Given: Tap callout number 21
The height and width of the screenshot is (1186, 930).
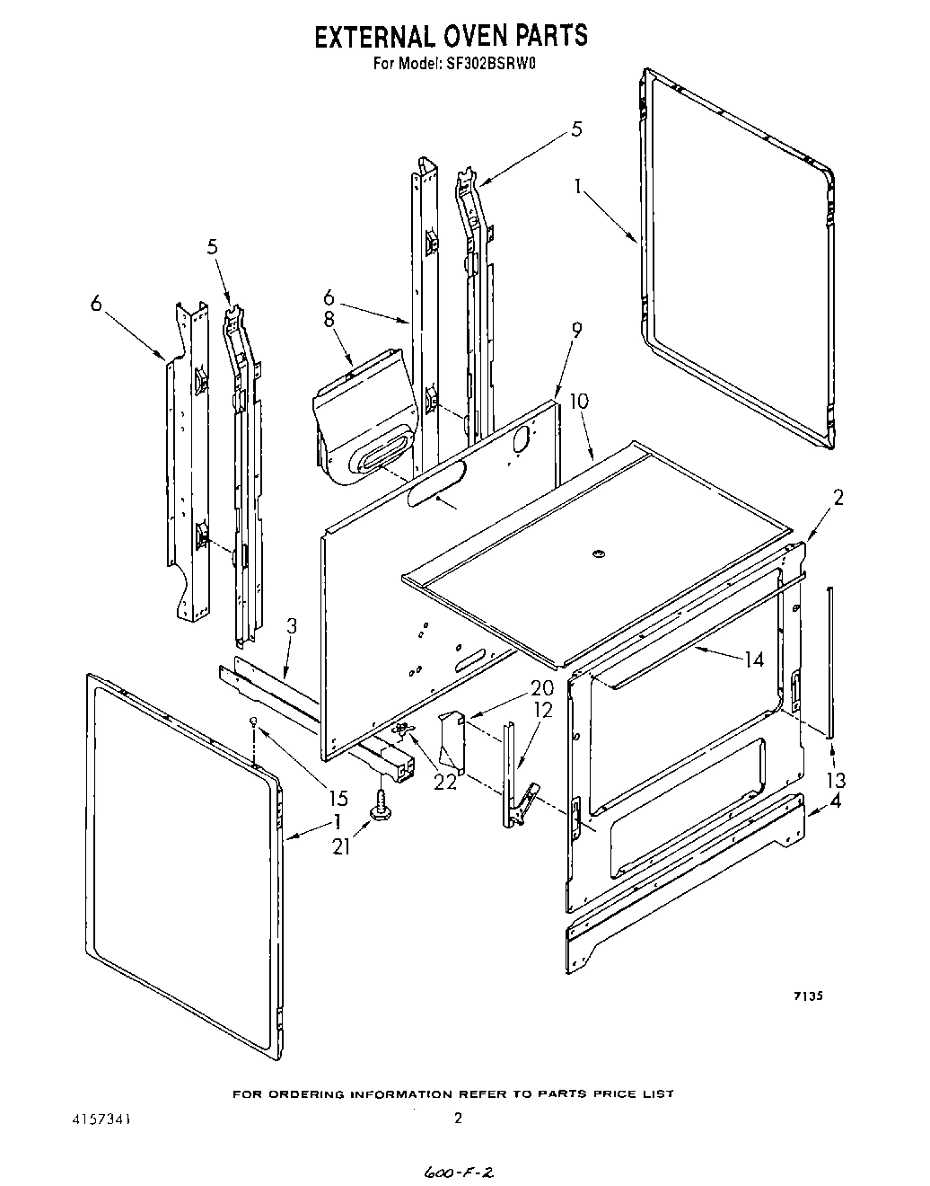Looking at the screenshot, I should (341, 845).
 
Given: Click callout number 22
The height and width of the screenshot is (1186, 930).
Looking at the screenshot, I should (445, 782).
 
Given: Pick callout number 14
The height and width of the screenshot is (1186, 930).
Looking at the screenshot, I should (753, 659).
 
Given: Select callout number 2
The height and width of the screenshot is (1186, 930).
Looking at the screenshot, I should (838, 497).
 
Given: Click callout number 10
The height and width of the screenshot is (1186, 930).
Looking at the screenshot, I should (579, 401).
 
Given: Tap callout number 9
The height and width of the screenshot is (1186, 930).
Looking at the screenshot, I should (575, 330).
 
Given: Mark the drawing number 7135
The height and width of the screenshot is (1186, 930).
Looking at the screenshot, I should (807, 996).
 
